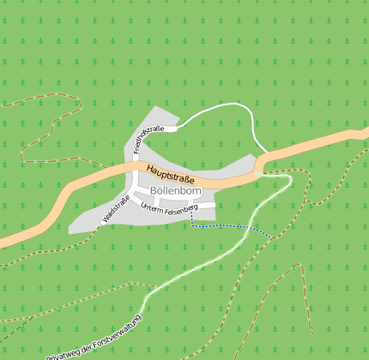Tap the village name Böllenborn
tap(175, 190)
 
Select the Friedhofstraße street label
tap(148, 140)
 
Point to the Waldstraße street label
tap(116, 209)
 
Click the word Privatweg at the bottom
tap(63, 351)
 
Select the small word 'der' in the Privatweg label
tap(88, 340)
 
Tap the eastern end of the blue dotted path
tap(273, 237)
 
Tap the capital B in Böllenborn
tap(153, 190)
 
